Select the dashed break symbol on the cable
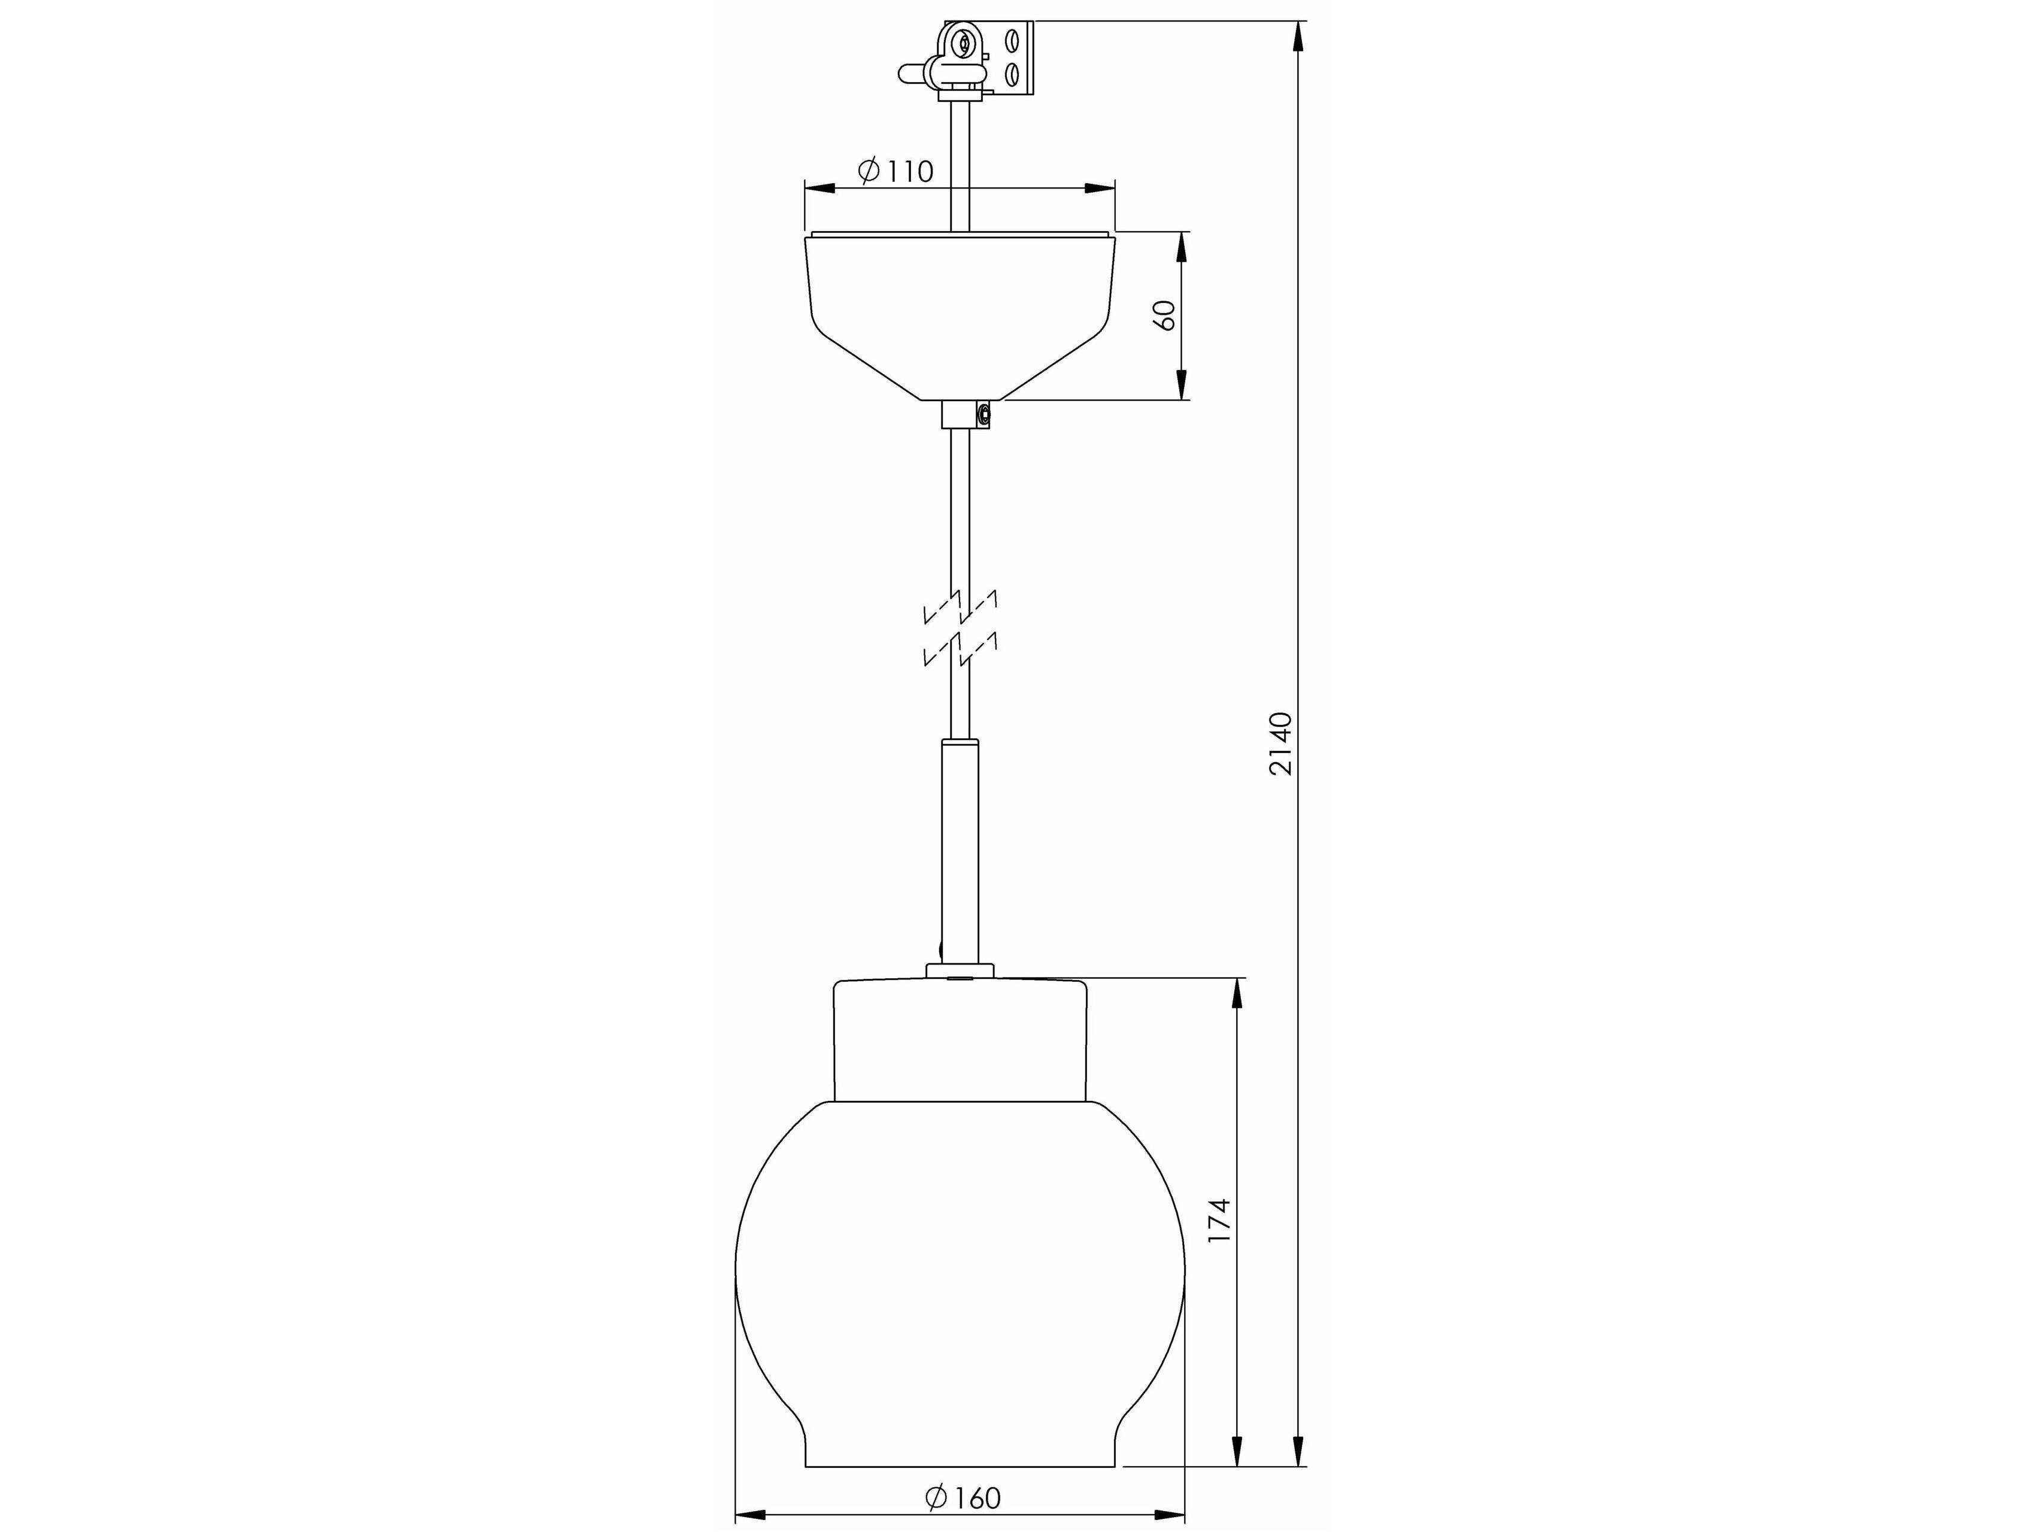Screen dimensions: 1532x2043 [x=961, y=628]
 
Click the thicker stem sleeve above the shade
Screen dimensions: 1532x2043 [x=961, y=850]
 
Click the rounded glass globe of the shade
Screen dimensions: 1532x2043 [x=961, y=1275]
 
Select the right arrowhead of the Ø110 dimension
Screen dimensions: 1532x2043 [x=1099, y=189]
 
